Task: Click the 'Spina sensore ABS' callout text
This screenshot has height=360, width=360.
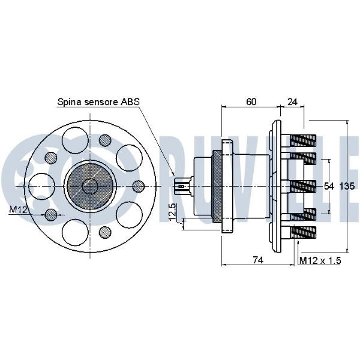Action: (98, 102)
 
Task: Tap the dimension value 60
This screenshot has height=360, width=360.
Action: (251, 101)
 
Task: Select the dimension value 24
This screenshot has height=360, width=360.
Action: (293, 101)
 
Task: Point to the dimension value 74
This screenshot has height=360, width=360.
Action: (258, 260)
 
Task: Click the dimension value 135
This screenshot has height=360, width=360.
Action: (347, 186)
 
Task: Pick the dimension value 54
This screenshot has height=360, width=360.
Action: (329, 186)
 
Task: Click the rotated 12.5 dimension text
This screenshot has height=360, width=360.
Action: (172, 211)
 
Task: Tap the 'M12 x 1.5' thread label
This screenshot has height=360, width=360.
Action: (320, 260)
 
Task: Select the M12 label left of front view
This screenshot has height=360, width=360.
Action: (19, 209)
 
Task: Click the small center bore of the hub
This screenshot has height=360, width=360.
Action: (90, 186)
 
